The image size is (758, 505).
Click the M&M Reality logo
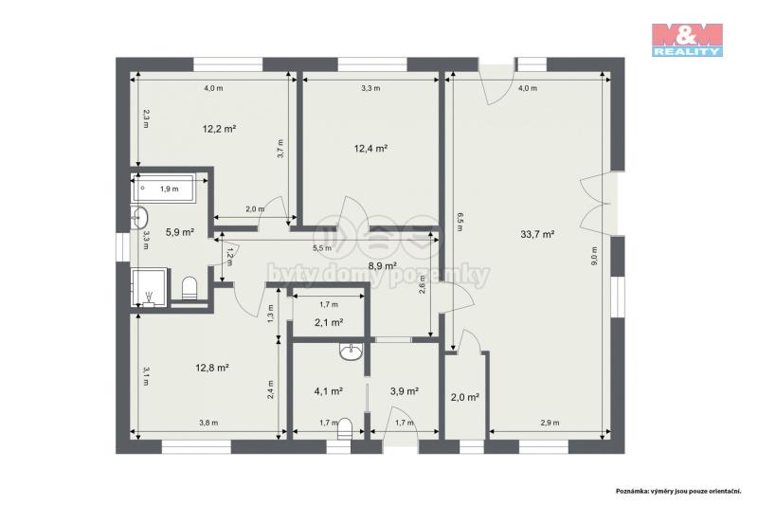coord(687,40)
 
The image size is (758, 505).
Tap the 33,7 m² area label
coord(537,234)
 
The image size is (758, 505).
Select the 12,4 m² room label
coord(370,149)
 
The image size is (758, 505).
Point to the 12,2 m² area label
coord(219,129)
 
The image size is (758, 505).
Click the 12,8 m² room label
coord(211,368)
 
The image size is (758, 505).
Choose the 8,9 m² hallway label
coord(383,265)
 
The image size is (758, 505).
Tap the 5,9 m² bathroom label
coord(180,232)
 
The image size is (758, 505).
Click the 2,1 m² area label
coord(329,322)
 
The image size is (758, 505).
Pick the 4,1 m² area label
coord(329,391)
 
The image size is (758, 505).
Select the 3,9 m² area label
coord(405,391)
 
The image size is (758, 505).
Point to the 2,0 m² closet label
coord(464,398)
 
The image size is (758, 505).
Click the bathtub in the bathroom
coord(164,189)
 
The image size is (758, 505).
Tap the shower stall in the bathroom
coord(150,287)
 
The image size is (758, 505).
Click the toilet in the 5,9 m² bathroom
coord(189,288)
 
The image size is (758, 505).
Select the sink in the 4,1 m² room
coord(351,352)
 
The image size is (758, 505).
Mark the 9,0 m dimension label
coord(594,256)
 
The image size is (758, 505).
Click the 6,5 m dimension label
coord(460,222)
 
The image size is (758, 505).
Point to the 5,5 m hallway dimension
coord(322,248)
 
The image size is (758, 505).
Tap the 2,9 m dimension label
coord(550,423)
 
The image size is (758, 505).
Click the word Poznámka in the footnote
coord(631,491)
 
